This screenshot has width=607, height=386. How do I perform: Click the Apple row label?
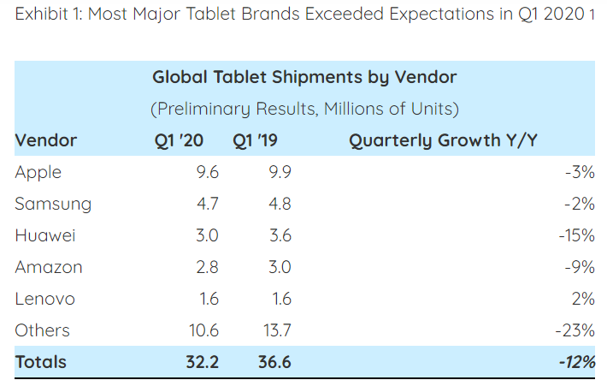[x=38, y=172]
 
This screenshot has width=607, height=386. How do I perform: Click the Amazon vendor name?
[x=49, y=267]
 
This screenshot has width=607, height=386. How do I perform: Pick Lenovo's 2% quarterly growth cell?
[x=583, y=299]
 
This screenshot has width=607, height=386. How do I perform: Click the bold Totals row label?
[x=40, y=362]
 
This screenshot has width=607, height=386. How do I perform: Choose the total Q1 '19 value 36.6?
[x=274, y=362]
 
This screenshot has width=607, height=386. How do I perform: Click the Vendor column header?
[x=46, y=140]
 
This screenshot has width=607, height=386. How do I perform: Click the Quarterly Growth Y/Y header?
[x=443, y=140]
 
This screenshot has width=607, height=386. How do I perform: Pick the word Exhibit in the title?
[x=38, y=15]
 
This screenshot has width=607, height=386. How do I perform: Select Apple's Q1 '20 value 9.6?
[x=208, y=172]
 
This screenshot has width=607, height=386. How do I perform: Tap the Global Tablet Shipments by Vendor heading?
[x=304, y=77]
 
